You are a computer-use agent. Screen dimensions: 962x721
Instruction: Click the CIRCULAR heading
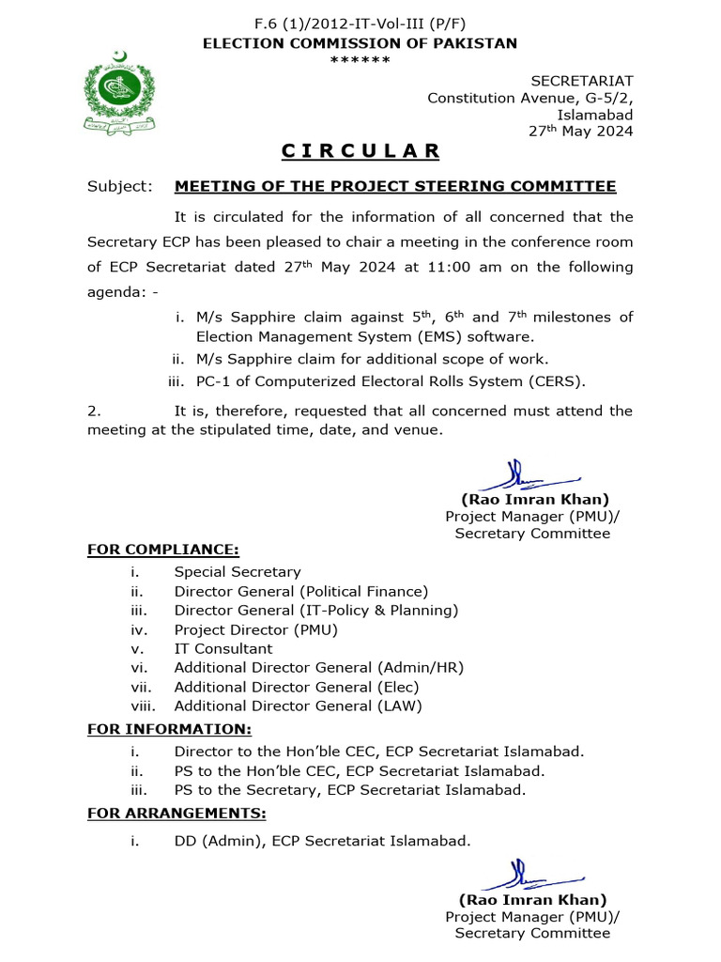click(x=360, y=151)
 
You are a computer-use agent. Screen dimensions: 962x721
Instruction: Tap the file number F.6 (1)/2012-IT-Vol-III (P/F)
click(x=360, y=25)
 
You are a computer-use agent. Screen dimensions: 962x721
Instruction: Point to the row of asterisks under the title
click(x=360, y=61)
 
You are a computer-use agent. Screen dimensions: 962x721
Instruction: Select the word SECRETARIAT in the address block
click(x=582, y=81)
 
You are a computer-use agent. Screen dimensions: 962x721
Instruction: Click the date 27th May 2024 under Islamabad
click(x=581, y=132)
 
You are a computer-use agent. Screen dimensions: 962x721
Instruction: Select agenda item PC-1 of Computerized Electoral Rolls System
click(x=390, y=380)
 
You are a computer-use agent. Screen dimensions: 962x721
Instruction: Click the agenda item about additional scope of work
click(x=372, y=358)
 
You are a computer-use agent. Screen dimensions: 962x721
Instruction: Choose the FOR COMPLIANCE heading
click(x=162, y=549)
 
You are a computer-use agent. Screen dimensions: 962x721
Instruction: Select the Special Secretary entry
click(x=238, y=571)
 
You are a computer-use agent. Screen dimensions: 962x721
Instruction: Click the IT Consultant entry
click(x=223, y=648)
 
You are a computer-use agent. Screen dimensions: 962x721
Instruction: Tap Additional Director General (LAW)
click(x=298, y=706)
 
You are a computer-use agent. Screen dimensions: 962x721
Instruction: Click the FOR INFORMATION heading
click(x=169, y=729)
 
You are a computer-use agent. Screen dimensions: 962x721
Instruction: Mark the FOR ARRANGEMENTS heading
click(x=176, y=813)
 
